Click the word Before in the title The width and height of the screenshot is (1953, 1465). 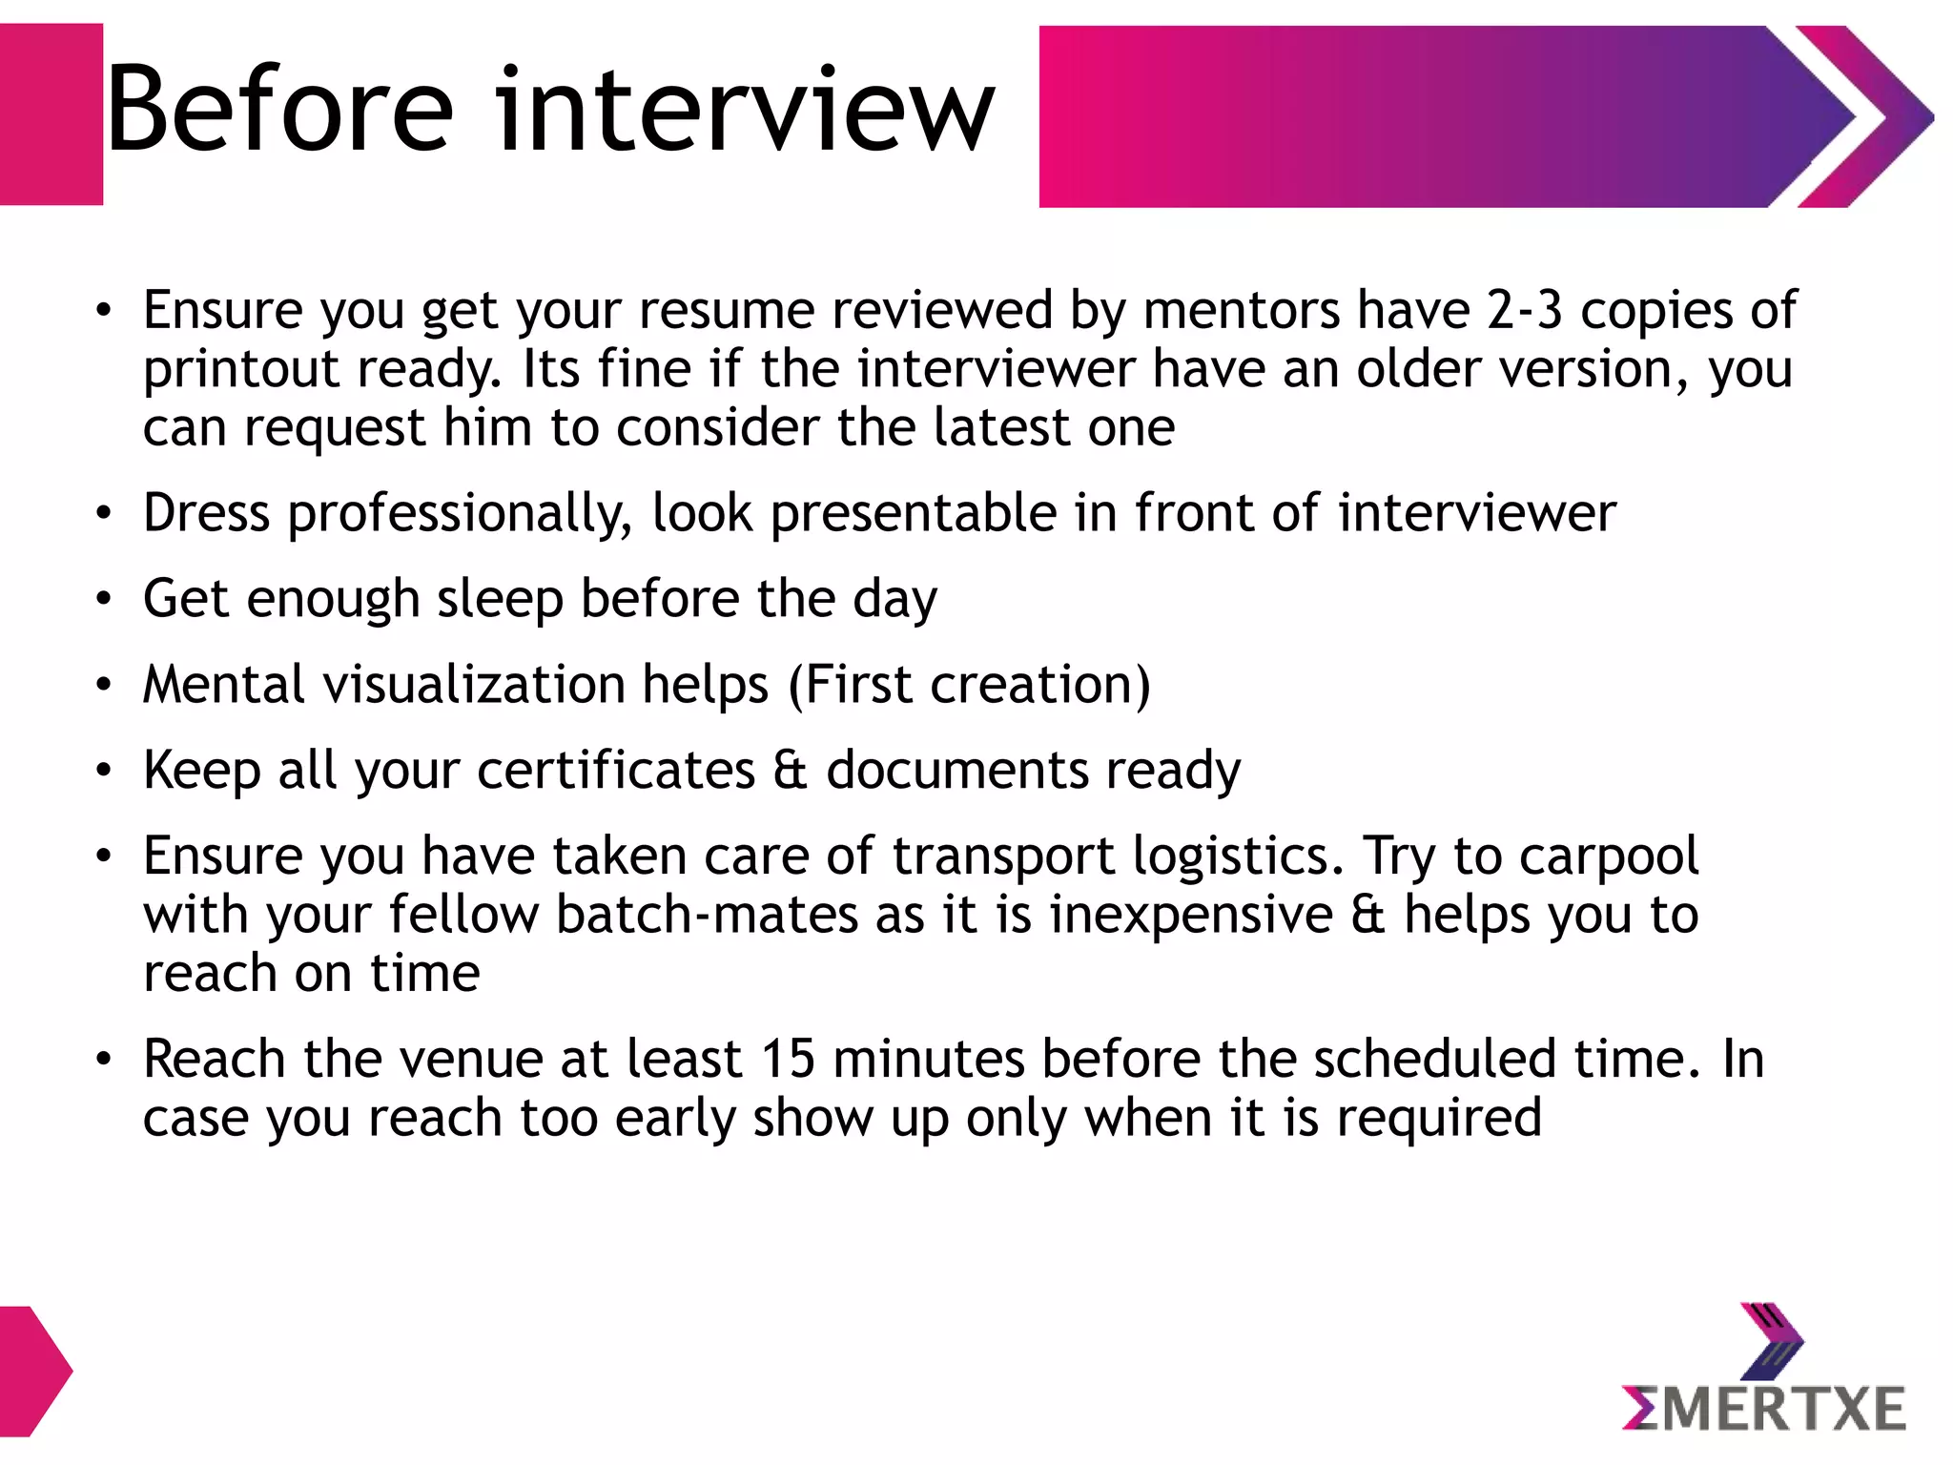[278, 110]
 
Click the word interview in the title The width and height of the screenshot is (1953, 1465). [745, 110]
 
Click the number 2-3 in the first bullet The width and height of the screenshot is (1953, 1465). [1524, 311]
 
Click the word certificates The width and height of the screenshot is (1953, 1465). [616, 771]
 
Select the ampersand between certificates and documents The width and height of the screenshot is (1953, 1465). [790, 771]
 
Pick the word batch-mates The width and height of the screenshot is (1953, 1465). [707, 916]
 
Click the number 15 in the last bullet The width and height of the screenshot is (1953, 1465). [788, 1060]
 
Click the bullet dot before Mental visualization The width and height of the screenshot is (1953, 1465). [104, 685]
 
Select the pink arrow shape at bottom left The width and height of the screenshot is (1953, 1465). [32, 1371]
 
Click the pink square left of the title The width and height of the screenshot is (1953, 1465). [51, 114]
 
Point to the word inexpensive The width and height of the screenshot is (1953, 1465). [1191, 916]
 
